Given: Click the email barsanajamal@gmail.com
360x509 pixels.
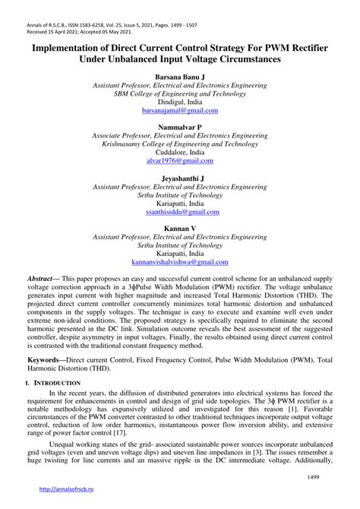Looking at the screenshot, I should pyautogui.click(x=180, y=110).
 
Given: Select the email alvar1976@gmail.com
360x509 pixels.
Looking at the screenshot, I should pyautogui.click(x=180, y=162).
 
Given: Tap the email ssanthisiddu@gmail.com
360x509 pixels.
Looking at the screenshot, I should pyautogui.click(x=180, y=214).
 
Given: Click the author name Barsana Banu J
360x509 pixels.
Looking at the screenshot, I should pyautogui.click(x=180, y=77).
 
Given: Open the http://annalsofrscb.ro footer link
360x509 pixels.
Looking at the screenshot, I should pyautogui.click(x=66, y=498).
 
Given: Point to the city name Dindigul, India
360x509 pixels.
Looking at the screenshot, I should pyautogui.click(x=180, y=102).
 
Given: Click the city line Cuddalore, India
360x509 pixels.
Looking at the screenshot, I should pyautogui.click(x=180, y=152).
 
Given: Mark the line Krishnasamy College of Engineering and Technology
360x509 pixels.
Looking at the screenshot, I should pyautogui.click(x=180, y=143).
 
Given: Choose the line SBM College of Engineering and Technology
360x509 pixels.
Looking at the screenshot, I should pyautogui.click(x=180, y=93).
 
